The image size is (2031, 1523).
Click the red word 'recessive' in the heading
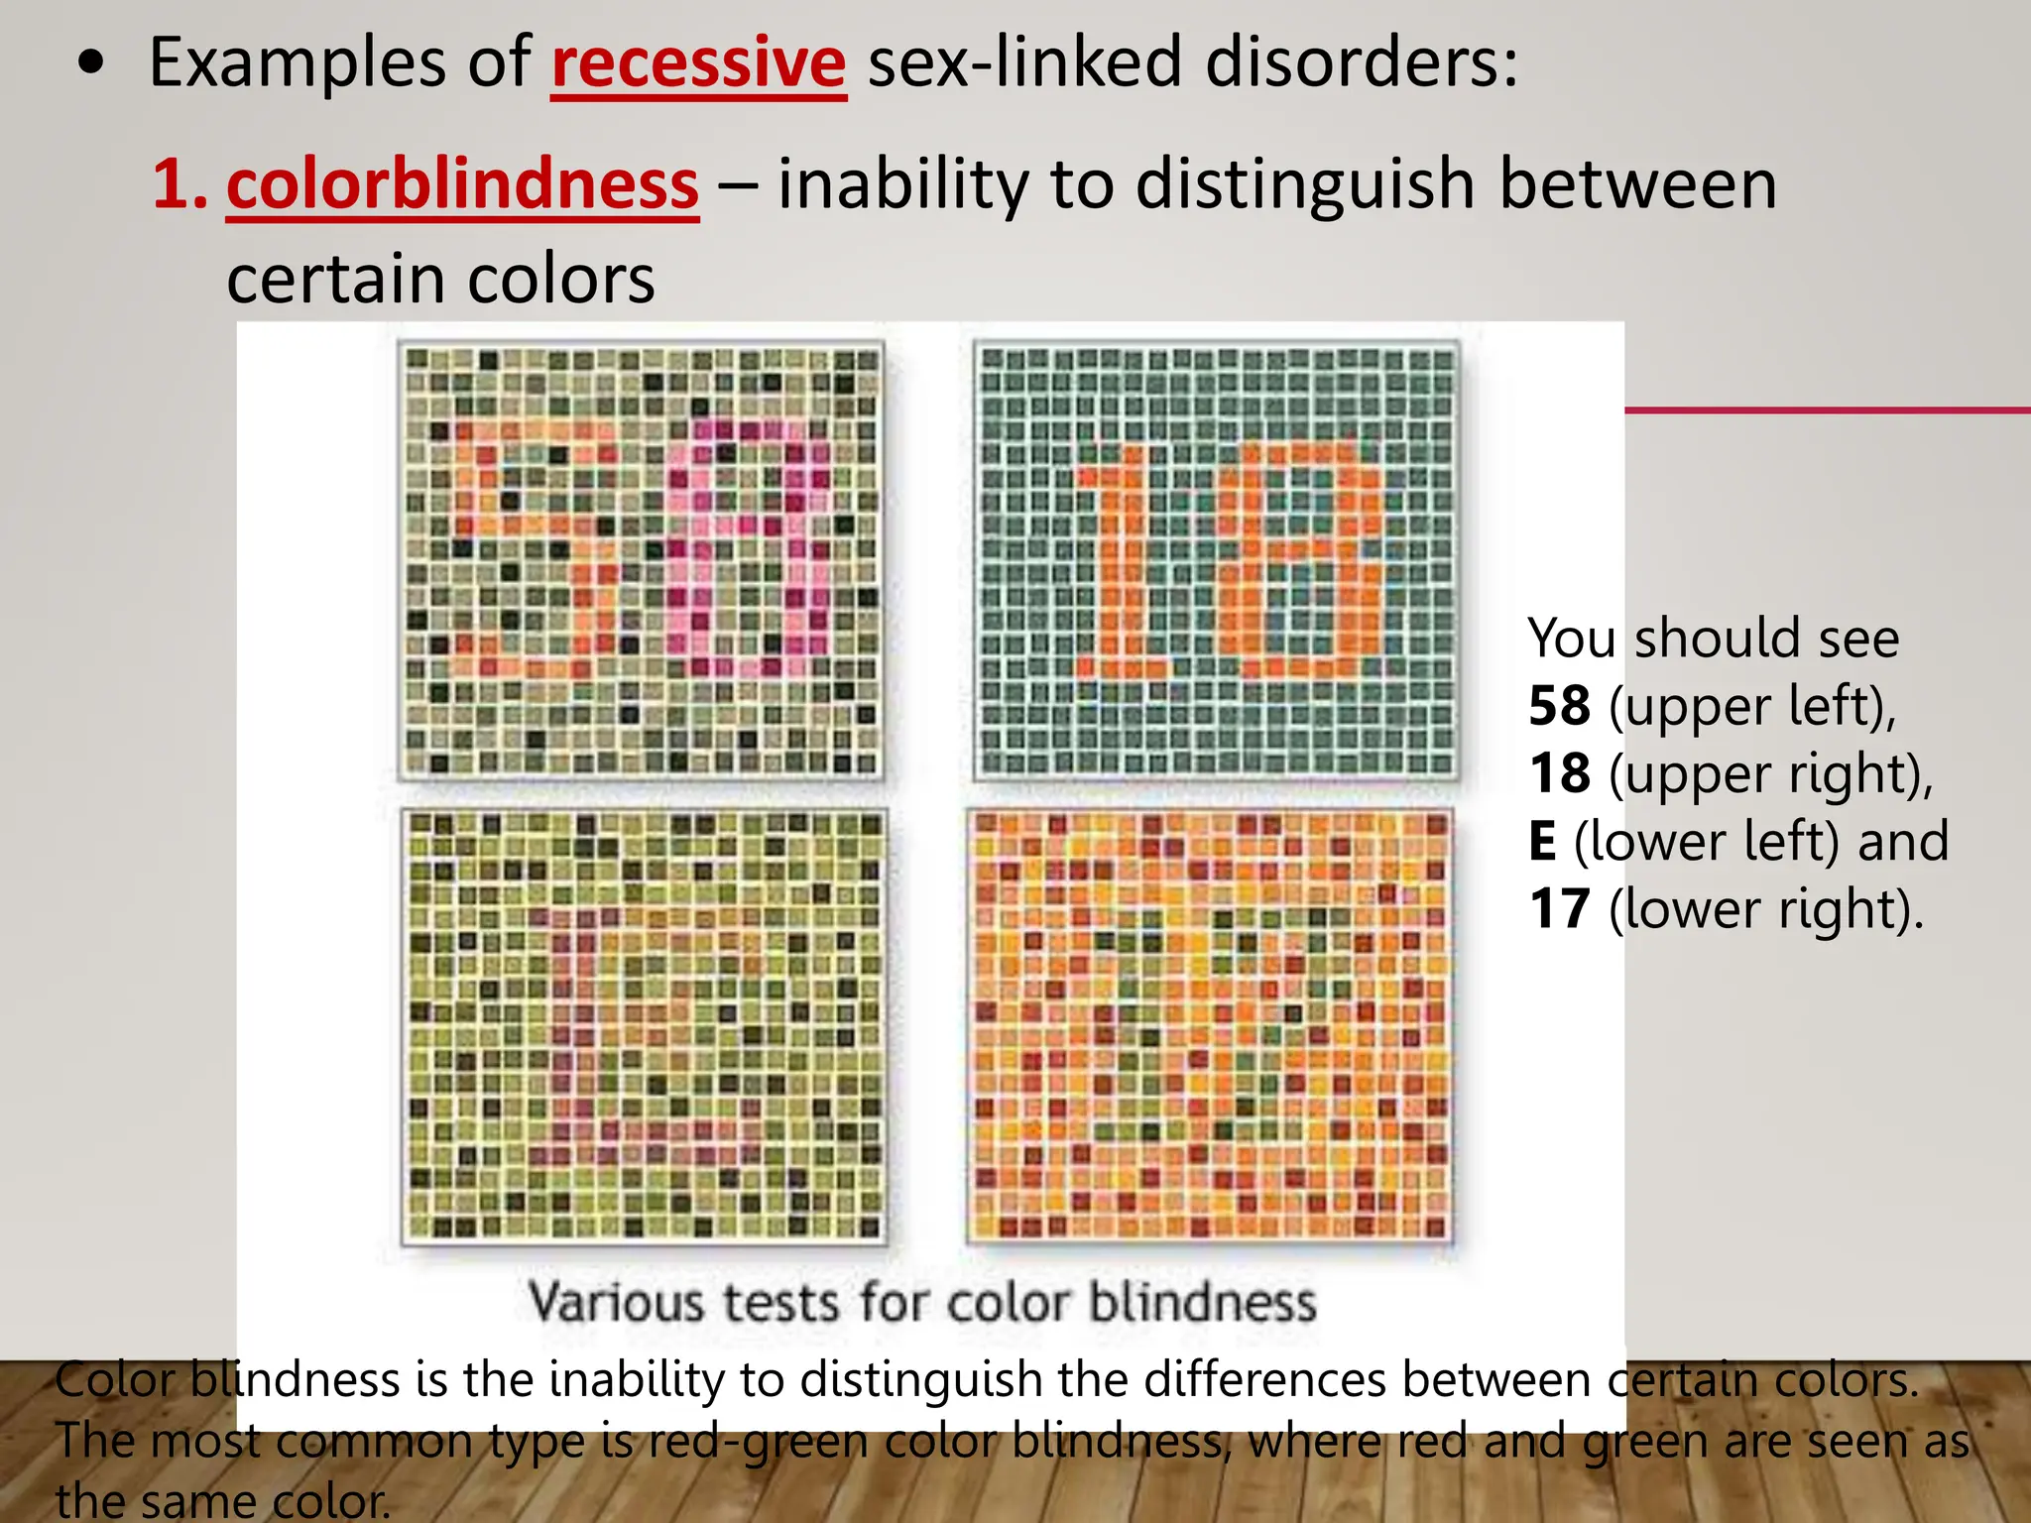[x=698, y=62]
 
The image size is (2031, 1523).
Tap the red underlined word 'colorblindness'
[x=462, y=185]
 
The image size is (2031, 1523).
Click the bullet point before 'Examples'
[x=91, y=63]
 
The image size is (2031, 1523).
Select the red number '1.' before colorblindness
[x=179, y=185]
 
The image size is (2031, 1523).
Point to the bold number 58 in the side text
[x=1559, y=706]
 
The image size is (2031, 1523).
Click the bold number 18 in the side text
[x=1559, y=773]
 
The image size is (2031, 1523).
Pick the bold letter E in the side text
[x=1542, y=841]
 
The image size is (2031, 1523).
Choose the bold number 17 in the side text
[x=1559, y=908]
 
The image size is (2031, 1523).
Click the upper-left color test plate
[x=641, y=560]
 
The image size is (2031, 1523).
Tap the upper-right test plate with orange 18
[x=1215, y=560]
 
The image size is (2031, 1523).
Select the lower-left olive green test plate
[x=644, y=1026]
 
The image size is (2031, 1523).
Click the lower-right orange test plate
[x=1210, y=1026]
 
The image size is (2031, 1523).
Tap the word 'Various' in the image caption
[x=617, y=1302]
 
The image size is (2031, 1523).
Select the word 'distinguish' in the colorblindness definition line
[x=1305, y=185]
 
